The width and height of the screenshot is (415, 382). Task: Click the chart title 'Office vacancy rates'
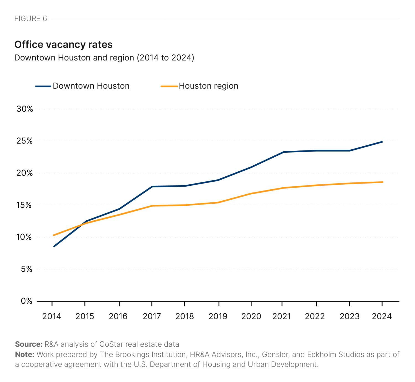coord(63,44)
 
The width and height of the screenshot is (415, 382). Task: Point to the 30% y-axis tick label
coord(25,109)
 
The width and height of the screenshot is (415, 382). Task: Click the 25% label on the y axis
coord(25,141)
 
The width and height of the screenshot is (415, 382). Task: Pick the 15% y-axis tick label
coord(25,205)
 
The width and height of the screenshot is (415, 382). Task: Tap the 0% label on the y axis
coord(27,301)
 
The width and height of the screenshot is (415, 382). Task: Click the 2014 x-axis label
coord(52,316)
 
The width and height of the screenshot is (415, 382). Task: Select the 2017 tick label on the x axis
coord(152,316)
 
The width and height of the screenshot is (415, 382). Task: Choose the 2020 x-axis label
coord(251,316)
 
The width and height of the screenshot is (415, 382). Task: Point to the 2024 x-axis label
coord(382,316)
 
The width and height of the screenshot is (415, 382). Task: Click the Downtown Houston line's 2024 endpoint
coord(382,142)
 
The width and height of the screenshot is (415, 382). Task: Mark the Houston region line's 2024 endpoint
coord(382,182)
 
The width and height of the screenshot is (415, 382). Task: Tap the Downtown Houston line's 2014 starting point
coord(54,246)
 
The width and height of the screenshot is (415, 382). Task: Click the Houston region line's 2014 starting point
coord(53,235)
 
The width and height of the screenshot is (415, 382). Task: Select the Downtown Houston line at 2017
coord(152,187)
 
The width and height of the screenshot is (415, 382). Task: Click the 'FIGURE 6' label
coord(31,18)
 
